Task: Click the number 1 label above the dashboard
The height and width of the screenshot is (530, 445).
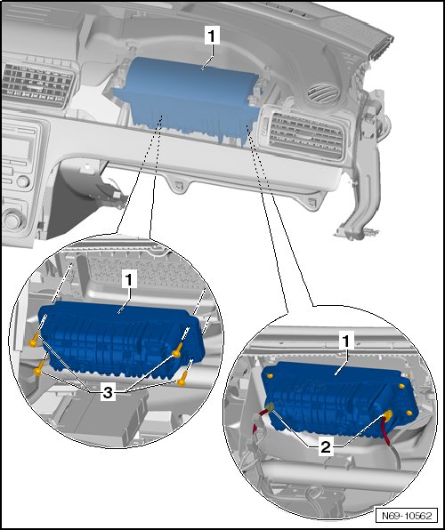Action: tap(212, 36)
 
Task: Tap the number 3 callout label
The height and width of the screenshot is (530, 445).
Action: tap(108, 393)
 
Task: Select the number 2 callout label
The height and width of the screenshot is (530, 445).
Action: tap(325, 447)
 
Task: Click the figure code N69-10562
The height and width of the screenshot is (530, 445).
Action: tap(407, 516)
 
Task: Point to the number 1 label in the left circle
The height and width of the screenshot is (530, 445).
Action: tap(129, 279)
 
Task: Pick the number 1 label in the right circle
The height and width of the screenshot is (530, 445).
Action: tap(345, 341)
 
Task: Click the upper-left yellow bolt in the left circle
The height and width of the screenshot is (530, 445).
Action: tap(35, 340)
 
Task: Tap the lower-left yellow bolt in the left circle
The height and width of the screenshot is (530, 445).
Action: tap(39, 369)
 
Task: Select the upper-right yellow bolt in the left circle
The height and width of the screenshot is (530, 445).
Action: tap(178, 350)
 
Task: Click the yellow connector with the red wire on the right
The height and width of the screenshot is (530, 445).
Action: tap(387, 415)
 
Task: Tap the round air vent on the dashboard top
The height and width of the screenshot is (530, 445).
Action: tap(324, 92)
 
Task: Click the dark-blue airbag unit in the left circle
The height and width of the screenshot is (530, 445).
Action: tap(122, 340)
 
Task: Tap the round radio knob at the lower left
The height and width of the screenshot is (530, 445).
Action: tap(12, 219)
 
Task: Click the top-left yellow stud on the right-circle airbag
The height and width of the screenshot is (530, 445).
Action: tap(270, 375)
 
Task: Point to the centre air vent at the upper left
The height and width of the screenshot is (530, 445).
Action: tap(38, 84)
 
